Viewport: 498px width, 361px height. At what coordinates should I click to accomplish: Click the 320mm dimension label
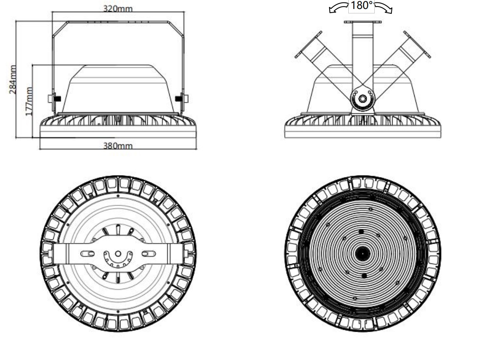[x=118, y=9]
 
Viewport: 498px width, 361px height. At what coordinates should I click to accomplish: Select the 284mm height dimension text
[x=13, y=80]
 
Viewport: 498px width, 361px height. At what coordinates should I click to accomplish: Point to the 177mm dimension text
[x=29, y=101]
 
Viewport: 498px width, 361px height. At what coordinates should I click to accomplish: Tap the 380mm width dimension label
[x=118, y=146]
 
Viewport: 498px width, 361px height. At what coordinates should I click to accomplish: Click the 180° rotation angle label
[x=362, y=6]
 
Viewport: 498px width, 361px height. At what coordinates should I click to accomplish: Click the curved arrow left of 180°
[x=338, y=8]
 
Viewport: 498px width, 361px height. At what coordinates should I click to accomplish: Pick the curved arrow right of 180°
[x=383, y=7]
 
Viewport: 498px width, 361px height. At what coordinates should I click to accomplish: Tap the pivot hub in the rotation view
[x=362, y=98]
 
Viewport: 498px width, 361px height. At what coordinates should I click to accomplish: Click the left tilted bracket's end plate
[x=308, y=45]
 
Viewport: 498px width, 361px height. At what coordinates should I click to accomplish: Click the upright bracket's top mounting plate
[x=363, y=22]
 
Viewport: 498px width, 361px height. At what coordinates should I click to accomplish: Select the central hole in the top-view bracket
[x=118, y=254]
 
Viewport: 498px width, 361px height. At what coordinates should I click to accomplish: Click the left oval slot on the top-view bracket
[x=87, y=254]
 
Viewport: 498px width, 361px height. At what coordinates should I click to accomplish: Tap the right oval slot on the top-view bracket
[x=149, y=254]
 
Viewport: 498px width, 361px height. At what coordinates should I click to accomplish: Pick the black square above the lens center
[x=361, y=232]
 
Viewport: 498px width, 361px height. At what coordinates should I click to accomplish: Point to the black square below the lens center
[x=364, y=276]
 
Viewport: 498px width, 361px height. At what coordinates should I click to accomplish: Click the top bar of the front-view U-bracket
[x=118, y=22]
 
